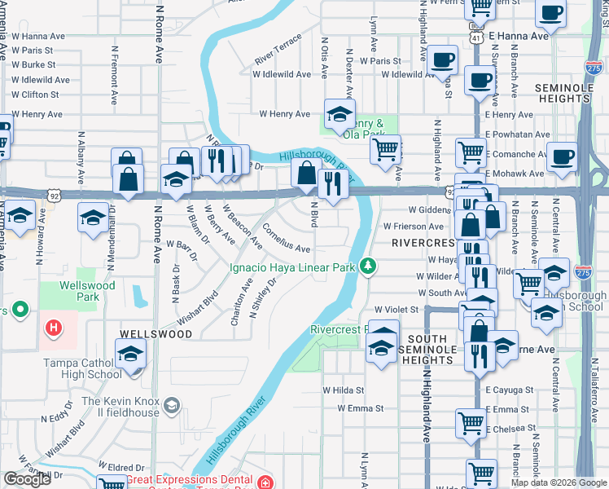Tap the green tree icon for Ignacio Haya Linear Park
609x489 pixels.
pos(369,266)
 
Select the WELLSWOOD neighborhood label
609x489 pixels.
pos(149,334)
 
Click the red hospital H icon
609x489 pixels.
pos(54,328)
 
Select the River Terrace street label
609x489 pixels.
pos(278,55)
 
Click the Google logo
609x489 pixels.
pos(27,478)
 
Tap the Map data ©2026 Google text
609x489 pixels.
pos(559,482)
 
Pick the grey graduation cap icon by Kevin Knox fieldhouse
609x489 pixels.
pos(172,405)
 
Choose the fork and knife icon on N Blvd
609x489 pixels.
pos(333,183)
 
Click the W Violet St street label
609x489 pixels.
pos(396,310)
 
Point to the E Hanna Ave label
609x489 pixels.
pos(517,37)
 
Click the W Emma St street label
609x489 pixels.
pos(360,407)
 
